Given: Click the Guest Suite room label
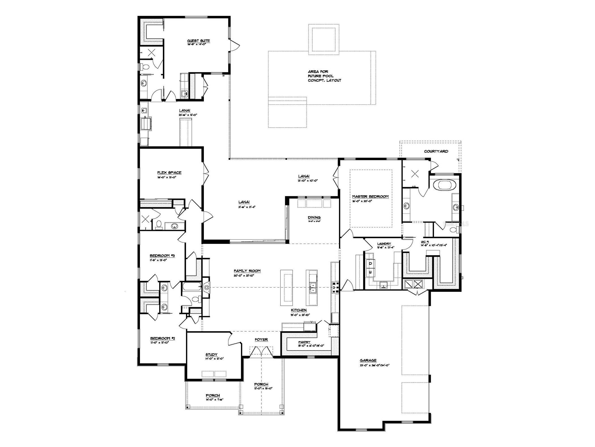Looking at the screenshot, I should pos(198,41).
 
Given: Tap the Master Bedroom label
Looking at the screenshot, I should pos(370,197).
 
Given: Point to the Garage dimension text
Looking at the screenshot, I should pos(375,365).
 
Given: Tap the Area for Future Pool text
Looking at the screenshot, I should pos(324,76).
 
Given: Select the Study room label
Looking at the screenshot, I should pos(212,355).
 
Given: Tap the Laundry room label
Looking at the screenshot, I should pos(384,244).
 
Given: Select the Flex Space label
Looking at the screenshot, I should pos(169,172).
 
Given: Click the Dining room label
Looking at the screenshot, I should pos(314,218).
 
